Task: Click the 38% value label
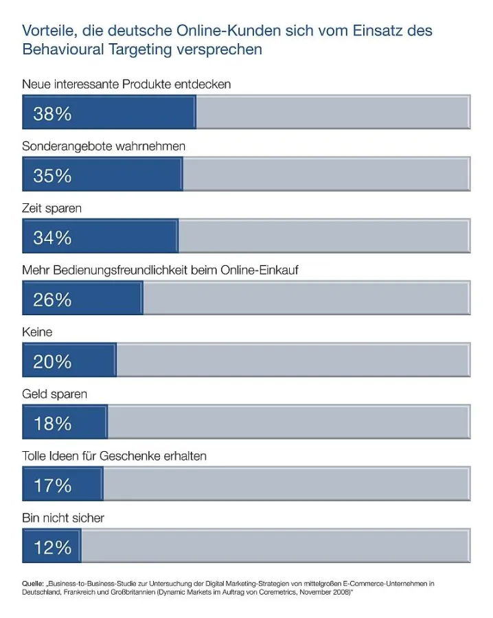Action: tap(52, 114)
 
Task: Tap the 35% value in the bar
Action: tap(52, 176)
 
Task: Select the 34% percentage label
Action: tap(52, 238)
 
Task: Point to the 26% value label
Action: tap(52, 299)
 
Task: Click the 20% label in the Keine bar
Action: tap(52, 361)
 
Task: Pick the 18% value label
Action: tap(52, 423)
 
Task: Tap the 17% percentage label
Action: tap(52, 485)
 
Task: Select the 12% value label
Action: tap(52, 547)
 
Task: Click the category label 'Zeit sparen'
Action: tap(51, 208)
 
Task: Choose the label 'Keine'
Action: tap(38, 332)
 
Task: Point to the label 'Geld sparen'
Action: tap(54, 394)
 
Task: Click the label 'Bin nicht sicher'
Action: tap(63, 518)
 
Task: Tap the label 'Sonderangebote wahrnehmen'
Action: tap(104, 146)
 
